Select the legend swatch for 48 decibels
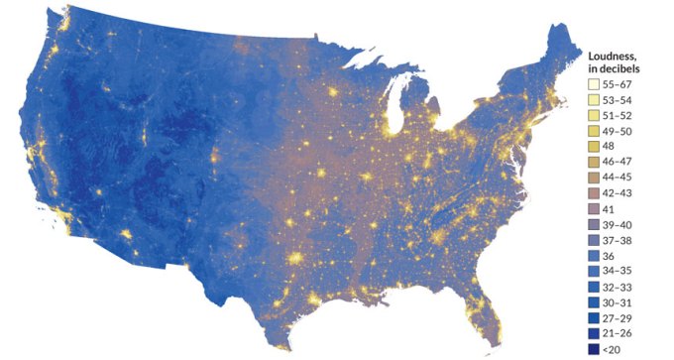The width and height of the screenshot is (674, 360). (595, 147)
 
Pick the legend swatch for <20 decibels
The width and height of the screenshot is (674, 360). (595, 348)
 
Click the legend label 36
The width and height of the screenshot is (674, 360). (609, 255)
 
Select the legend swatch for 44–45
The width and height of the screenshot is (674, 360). (595, 178)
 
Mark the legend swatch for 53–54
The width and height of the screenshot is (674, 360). (595, 100)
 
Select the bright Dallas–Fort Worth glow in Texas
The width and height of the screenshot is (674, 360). (294, 259)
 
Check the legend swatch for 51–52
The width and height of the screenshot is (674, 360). (595, 116)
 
